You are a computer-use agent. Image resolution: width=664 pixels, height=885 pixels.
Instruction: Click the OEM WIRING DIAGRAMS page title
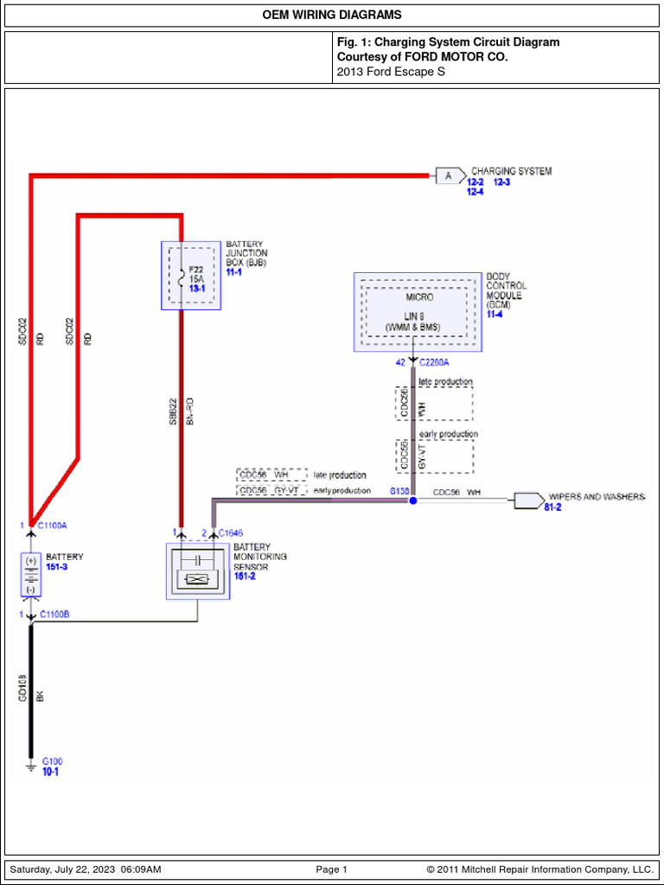pos(332,16)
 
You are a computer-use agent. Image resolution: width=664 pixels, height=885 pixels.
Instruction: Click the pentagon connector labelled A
pos(449,176)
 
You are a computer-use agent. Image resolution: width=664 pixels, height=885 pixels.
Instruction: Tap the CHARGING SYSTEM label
pos(511,171)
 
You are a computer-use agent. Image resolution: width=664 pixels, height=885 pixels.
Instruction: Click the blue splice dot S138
pos(413,500)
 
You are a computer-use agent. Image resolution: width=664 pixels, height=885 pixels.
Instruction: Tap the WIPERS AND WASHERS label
pos(597,498)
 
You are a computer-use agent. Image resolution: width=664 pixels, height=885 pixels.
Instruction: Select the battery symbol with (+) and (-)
pos(31,575)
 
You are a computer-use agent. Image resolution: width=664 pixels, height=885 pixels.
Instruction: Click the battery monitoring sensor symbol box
pos(198,570)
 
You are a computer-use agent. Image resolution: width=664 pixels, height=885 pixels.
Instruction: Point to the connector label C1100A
pos(53,525)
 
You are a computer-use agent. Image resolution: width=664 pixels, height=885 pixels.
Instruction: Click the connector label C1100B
pos(55,614)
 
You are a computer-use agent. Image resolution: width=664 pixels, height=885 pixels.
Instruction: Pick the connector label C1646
pos(230,533)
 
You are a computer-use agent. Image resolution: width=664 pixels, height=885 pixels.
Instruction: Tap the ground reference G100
pos(53,761)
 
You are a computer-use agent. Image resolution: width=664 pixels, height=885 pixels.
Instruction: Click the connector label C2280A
pos(434,363)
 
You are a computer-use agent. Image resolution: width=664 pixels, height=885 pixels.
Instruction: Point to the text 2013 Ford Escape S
pos(391,71)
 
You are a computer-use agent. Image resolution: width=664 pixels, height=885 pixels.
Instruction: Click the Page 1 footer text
pos(331,869)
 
